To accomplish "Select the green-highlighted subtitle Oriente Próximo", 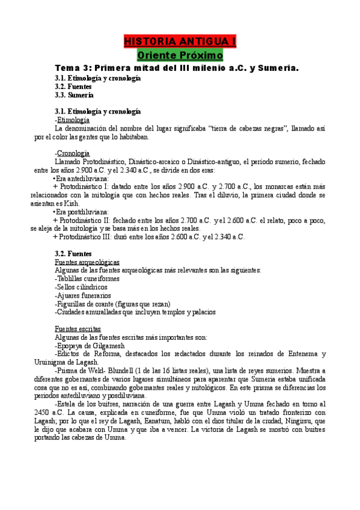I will tap(180, 55).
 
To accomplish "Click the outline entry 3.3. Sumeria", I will tap(74, 95).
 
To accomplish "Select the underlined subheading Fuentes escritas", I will tap(78, 329).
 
